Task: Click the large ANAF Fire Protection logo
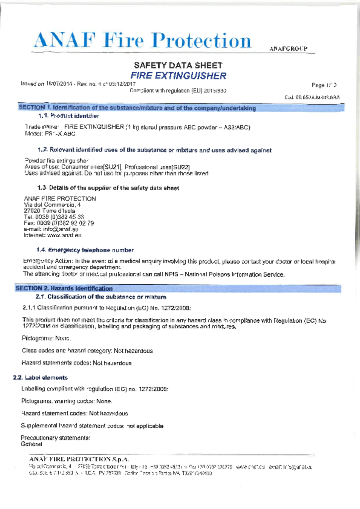pos(142,41)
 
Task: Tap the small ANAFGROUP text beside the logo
pos(288,49)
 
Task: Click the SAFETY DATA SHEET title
pos(178,65)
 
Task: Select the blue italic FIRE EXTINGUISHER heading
pos(178,76)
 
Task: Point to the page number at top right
pos(324,85)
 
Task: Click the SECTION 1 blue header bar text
pos(137,108)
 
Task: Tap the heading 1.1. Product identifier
pos(69,116)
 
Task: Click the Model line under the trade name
pos(50,134)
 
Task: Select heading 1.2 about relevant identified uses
pos(154,150)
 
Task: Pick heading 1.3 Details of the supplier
pos(108,188)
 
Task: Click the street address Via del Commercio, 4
pos(52,205)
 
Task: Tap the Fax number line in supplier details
pos(59,223)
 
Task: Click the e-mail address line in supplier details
pos(51,229)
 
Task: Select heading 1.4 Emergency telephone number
pos(85,250)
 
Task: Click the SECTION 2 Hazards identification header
pos(64,288)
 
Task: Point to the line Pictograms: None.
pos(46,338)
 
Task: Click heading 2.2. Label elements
pos(40,378)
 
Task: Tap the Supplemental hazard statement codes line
pos(92,426)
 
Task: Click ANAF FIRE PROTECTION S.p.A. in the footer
pos(79,459)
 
